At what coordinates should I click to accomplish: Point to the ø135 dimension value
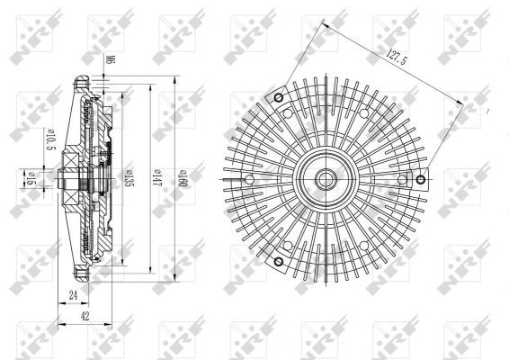coord(131,177)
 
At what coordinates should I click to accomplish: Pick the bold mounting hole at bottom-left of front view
coord(279,261)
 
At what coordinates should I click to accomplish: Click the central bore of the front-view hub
coord(327,178)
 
